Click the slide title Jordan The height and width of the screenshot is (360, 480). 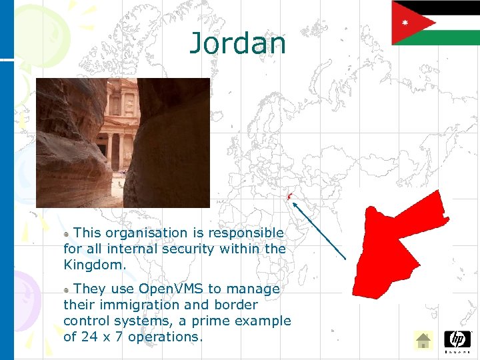click(238, 43)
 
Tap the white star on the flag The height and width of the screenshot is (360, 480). click(404, 22)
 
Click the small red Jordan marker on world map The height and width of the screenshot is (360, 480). click(289, 195)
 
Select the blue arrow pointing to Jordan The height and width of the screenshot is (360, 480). click(319, 231)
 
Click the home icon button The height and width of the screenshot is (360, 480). click(423, 341)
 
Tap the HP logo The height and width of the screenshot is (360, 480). click(457, 339)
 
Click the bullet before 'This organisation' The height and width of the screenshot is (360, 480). click(67, 234)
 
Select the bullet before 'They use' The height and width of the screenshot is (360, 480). click(67, 290)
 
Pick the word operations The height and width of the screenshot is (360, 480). click(164, 337)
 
